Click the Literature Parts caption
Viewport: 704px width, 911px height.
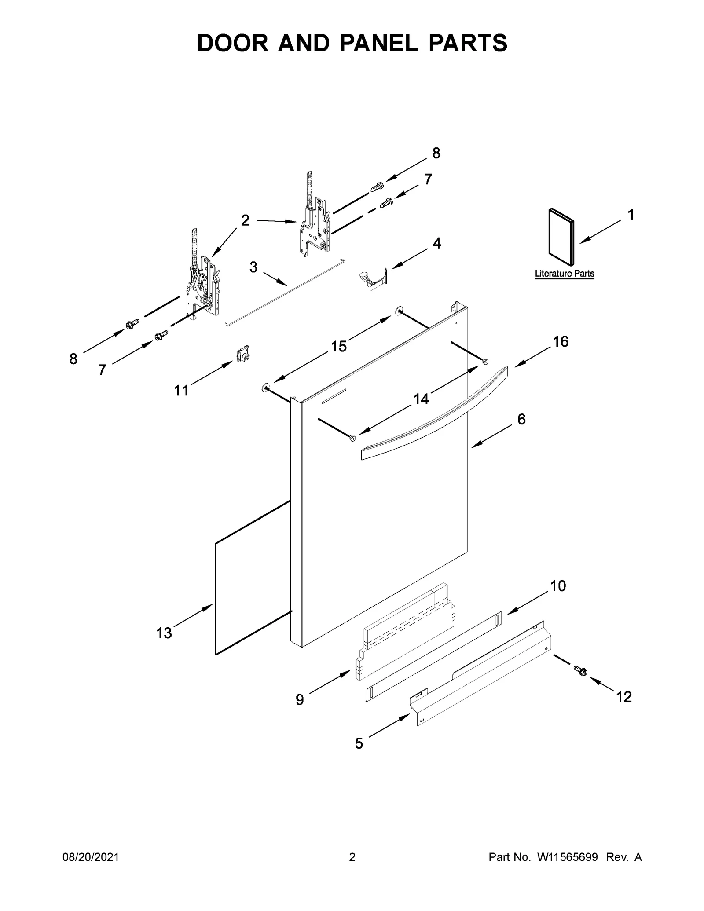coord(564,274)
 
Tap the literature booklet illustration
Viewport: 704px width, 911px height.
coord(561,238)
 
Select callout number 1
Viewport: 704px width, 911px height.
coord(631,215)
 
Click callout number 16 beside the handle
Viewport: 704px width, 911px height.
coord(560,341)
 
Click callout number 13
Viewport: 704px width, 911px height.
coord(164,633)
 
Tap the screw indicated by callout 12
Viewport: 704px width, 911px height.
coord(581,683)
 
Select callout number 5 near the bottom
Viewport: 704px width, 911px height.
coord(359,744)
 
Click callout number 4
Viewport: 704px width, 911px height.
coord(436,243)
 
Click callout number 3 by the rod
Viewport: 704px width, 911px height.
coord(253,267)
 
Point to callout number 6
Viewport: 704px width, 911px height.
coord(521,420)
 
